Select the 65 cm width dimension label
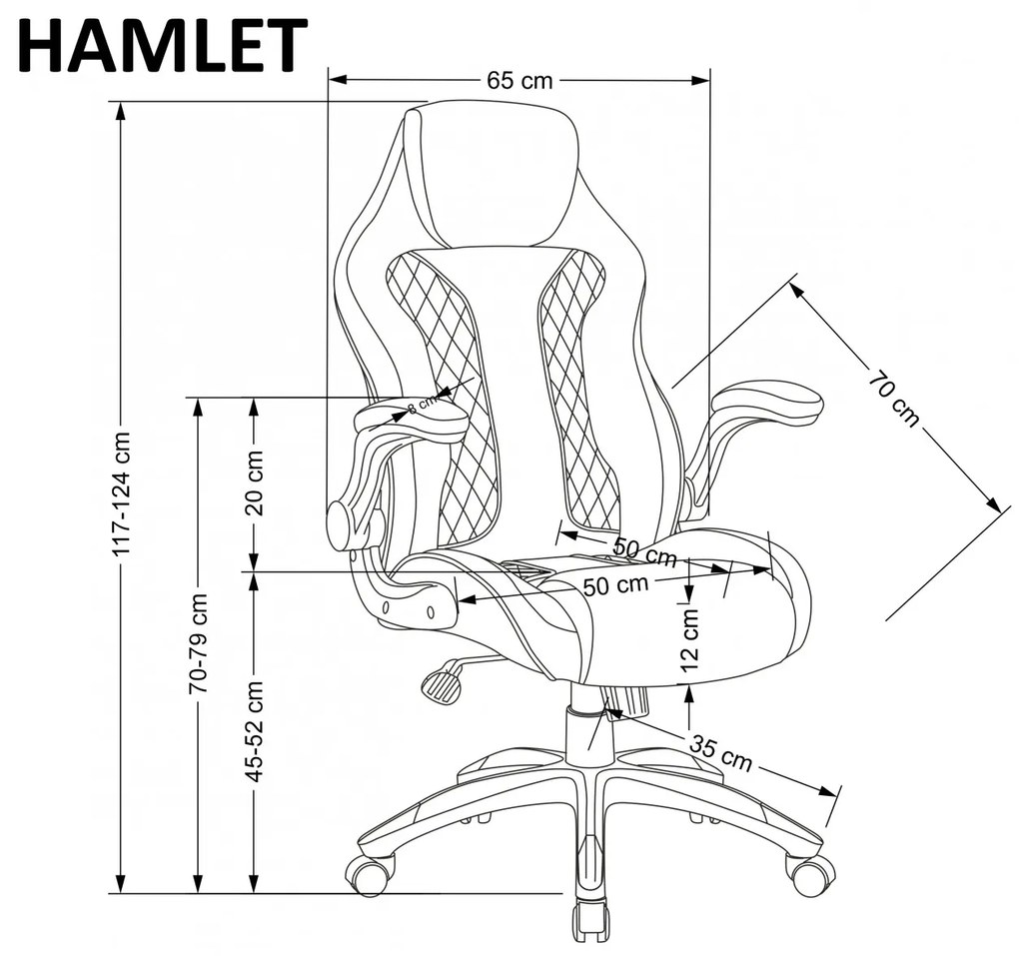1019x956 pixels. pos(519,81)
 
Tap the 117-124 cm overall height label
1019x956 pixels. pos(122,493)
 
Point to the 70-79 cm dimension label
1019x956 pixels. pos(198,643)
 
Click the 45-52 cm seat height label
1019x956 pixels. pos(254,731)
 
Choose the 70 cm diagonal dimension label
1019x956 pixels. pos(895,399)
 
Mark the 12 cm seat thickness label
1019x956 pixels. pos(690,639)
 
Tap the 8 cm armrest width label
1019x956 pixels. pos(423,405)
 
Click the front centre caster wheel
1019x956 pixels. pos(590,925)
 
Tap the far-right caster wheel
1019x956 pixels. pos(810,875)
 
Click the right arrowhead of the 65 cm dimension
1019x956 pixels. pos(700,81)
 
